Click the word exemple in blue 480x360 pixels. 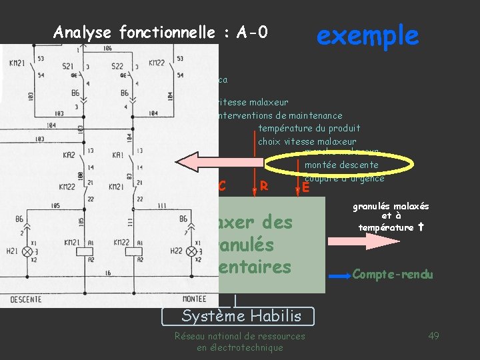pyautogui.click(x=367, y=35)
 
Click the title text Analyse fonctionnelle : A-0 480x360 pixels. pyautogui.click(x=160, y=32)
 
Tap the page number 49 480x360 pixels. pyautogui.click(x=433, y=335)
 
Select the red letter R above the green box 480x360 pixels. pyautogui.click(x=264, y=185)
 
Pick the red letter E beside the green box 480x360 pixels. pyautogui.click(x=305, y=188)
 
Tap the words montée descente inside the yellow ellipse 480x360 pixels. pyautogui.click(x=341, y=165)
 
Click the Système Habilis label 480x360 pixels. pyautogui.click(x=241, y=316)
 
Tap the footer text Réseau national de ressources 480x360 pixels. pyautogui.click(x=239, y=336)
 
